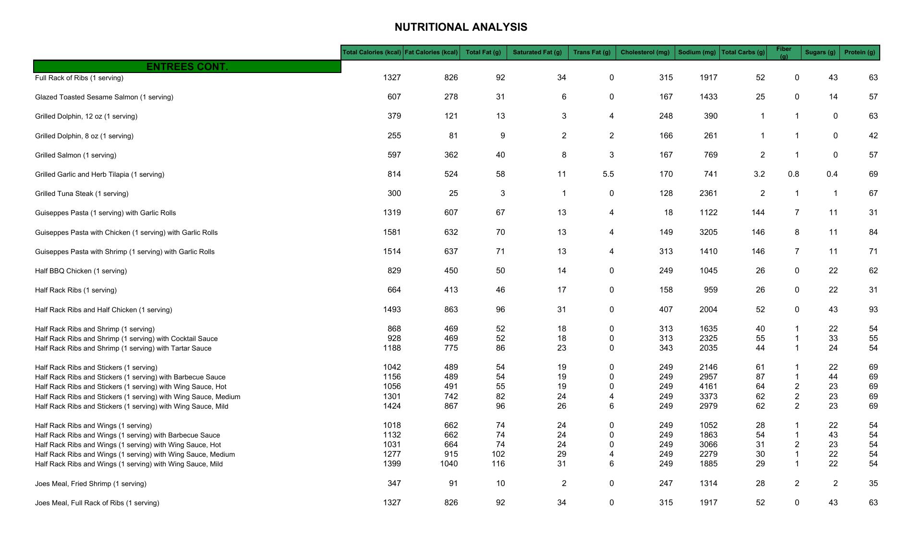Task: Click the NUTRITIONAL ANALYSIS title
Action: coord(461,27)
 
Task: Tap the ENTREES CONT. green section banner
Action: coord(187,67)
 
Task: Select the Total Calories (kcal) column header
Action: coord(372,52)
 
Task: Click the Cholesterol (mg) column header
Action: coord(645,52)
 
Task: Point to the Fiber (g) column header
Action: coord(783,52)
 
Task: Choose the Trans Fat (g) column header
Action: coord(592,52)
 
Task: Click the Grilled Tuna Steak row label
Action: coord(82,194)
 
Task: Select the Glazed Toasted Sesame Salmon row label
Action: coord(104,97)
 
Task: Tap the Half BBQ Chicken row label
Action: coord(81,271)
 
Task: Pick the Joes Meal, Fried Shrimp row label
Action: coord(91,484)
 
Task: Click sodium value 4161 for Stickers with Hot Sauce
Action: coord(708,387)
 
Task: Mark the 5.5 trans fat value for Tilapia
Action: coord(608,174)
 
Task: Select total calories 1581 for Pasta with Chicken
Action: coord(392,232)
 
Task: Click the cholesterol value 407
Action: coord(666,310)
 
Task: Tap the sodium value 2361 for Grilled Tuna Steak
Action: coord(708,194)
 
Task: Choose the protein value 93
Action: coord(873,310)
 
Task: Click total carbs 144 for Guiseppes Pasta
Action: coord(758,213)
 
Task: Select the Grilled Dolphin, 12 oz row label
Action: coord(86,116)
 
